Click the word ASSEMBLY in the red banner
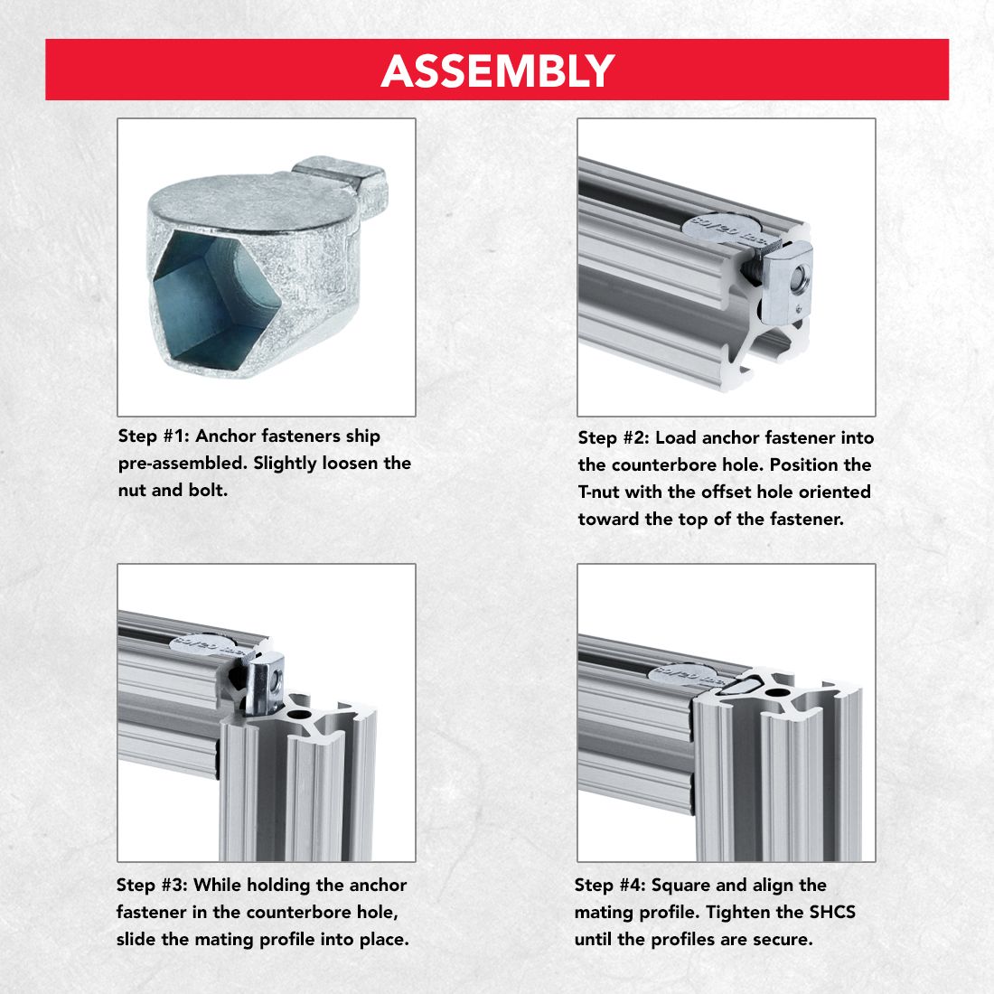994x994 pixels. pyautogui.click(x=497, y=70)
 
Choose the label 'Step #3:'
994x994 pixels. pyautogui.click(x=152, y=886)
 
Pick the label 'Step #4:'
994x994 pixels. pyautogui.click(x=610, y=886)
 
